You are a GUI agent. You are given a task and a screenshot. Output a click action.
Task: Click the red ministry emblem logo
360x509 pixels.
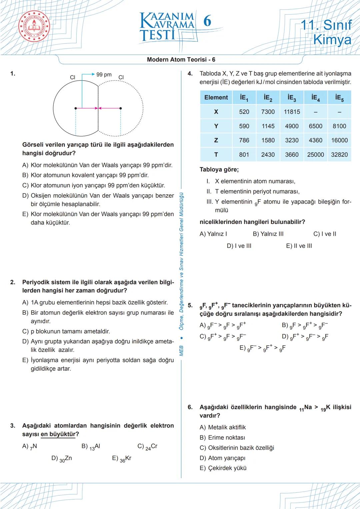tap(34, 27)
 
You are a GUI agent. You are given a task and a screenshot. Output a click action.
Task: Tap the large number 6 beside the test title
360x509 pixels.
tap(207, 21)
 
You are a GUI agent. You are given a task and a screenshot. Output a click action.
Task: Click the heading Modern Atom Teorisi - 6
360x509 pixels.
tap(181, 60)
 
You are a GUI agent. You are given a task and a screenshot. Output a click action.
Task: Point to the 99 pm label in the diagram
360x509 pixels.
tap(104, 75)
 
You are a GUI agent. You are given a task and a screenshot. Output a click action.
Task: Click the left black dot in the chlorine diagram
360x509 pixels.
tap(76, 108)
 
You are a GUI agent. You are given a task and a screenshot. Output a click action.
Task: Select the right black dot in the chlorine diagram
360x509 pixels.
tap(121, 108)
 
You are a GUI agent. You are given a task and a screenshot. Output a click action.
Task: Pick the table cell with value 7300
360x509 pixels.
tap(268, 112)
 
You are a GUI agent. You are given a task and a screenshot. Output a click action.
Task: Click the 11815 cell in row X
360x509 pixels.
tap(292, 112)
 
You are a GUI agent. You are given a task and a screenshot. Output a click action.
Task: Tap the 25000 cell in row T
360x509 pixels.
tap(315, 154)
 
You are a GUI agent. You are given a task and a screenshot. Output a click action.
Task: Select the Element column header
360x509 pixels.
tap(216, 97)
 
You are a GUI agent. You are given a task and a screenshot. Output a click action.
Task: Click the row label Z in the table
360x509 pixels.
tap(216, 140)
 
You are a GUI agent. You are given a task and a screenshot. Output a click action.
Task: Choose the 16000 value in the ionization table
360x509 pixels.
tap(339, 140)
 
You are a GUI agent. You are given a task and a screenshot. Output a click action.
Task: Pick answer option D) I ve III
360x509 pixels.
tap(239, 246)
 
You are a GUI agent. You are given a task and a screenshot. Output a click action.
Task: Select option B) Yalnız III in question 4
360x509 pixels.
tap(268, 234)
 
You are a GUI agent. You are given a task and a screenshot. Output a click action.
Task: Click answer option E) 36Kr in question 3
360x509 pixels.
tap(122, 459)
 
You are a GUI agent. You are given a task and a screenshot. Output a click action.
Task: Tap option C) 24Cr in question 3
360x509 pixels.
tap(147, 447)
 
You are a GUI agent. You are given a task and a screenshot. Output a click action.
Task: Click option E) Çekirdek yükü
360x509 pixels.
tap(223, 468)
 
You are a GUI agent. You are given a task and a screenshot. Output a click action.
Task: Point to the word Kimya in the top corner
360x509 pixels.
tap(332, 40)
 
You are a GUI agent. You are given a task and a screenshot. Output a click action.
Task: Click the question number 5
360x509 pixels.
tap(190, 305)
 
